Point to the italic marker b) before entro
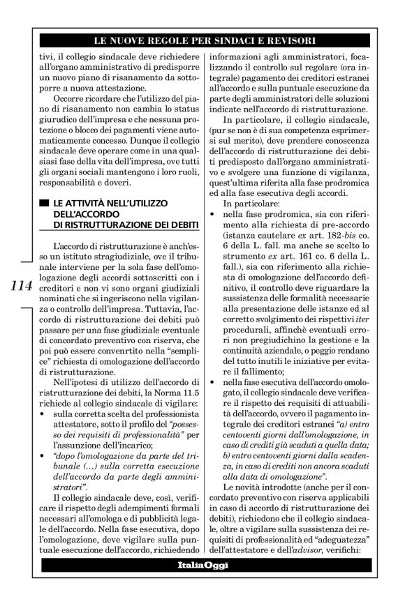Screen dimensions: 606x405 tap(223, 455)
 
